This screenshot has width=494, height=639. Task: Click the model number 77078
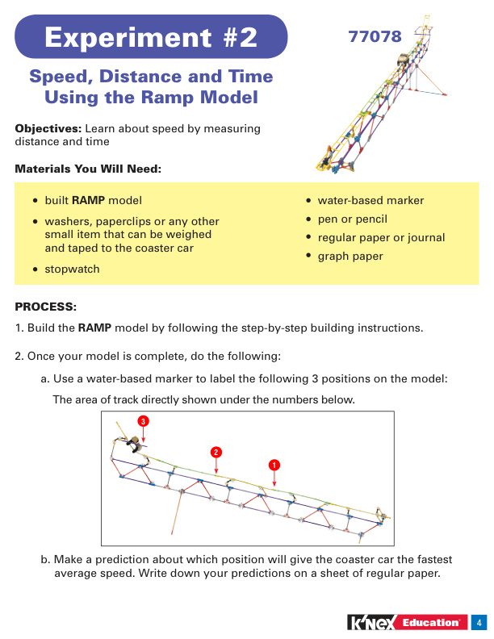tap(375, 36)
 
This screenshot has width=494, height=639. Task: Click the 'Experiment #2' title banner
tap(151, 37)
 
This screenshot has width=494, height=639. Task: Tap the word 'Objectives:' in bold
tap(48, 129)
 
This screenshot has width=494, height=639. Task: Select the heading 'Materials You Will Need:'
tap(88, 169)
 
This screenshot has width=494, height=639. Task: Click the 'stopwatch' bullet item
tap(72, 269)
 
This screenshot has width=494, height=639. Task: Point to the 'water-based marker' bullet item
tap(370, 201)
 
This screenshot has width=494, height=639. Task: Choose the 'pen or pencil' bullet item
tap(352, 219)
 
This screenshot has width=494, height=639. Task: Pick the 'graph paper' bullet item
tap(350, 257)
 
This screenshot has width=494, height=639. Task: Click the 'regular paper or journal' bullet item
tap(381, 238)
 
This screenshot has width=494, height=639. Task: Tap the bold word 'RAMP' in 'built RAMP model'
tap(88, 201)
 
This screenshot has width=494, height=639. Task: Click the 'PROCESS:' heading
tap(46, 307)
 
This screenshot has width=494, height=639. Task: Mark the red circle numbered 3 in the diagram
tap(143, 421)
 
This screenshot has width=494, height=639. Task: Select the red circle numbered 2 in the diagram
tap(216, 451)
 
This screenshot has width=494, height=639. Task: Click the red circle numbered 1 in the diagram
tap(274, 465)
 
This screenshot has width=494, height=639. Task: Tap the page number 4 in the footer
tap(479, 622)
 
